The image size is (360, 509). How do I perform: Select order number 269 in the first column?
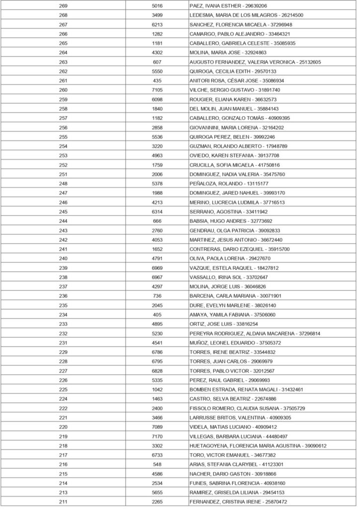click(63, 6)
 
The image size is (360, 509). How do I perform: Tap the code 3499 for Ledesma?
click(157, 15)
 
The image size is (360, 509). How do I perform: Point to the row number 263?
click(63, 62)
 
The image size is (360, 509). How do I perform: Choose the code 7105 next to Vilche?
click(157, 90)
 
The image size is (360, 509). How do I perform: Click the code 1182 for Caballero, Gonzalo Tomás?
click(157, 118)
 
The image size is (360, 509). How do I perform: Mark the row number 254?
click(63, 146)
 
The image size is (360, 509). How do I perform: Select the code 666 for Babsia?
click(157, 221)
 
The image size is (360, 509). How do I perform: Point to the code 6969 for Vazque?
click(157, 268)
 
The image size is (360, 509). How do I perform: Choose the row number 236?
click(63, 296)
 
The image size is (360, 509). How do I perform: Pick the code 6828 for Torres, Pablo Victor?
click(157, 371)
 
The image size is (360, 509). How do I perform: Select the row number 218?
click(63, 446)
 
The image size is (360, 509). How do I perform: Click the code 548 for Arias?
click(157, 464)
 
